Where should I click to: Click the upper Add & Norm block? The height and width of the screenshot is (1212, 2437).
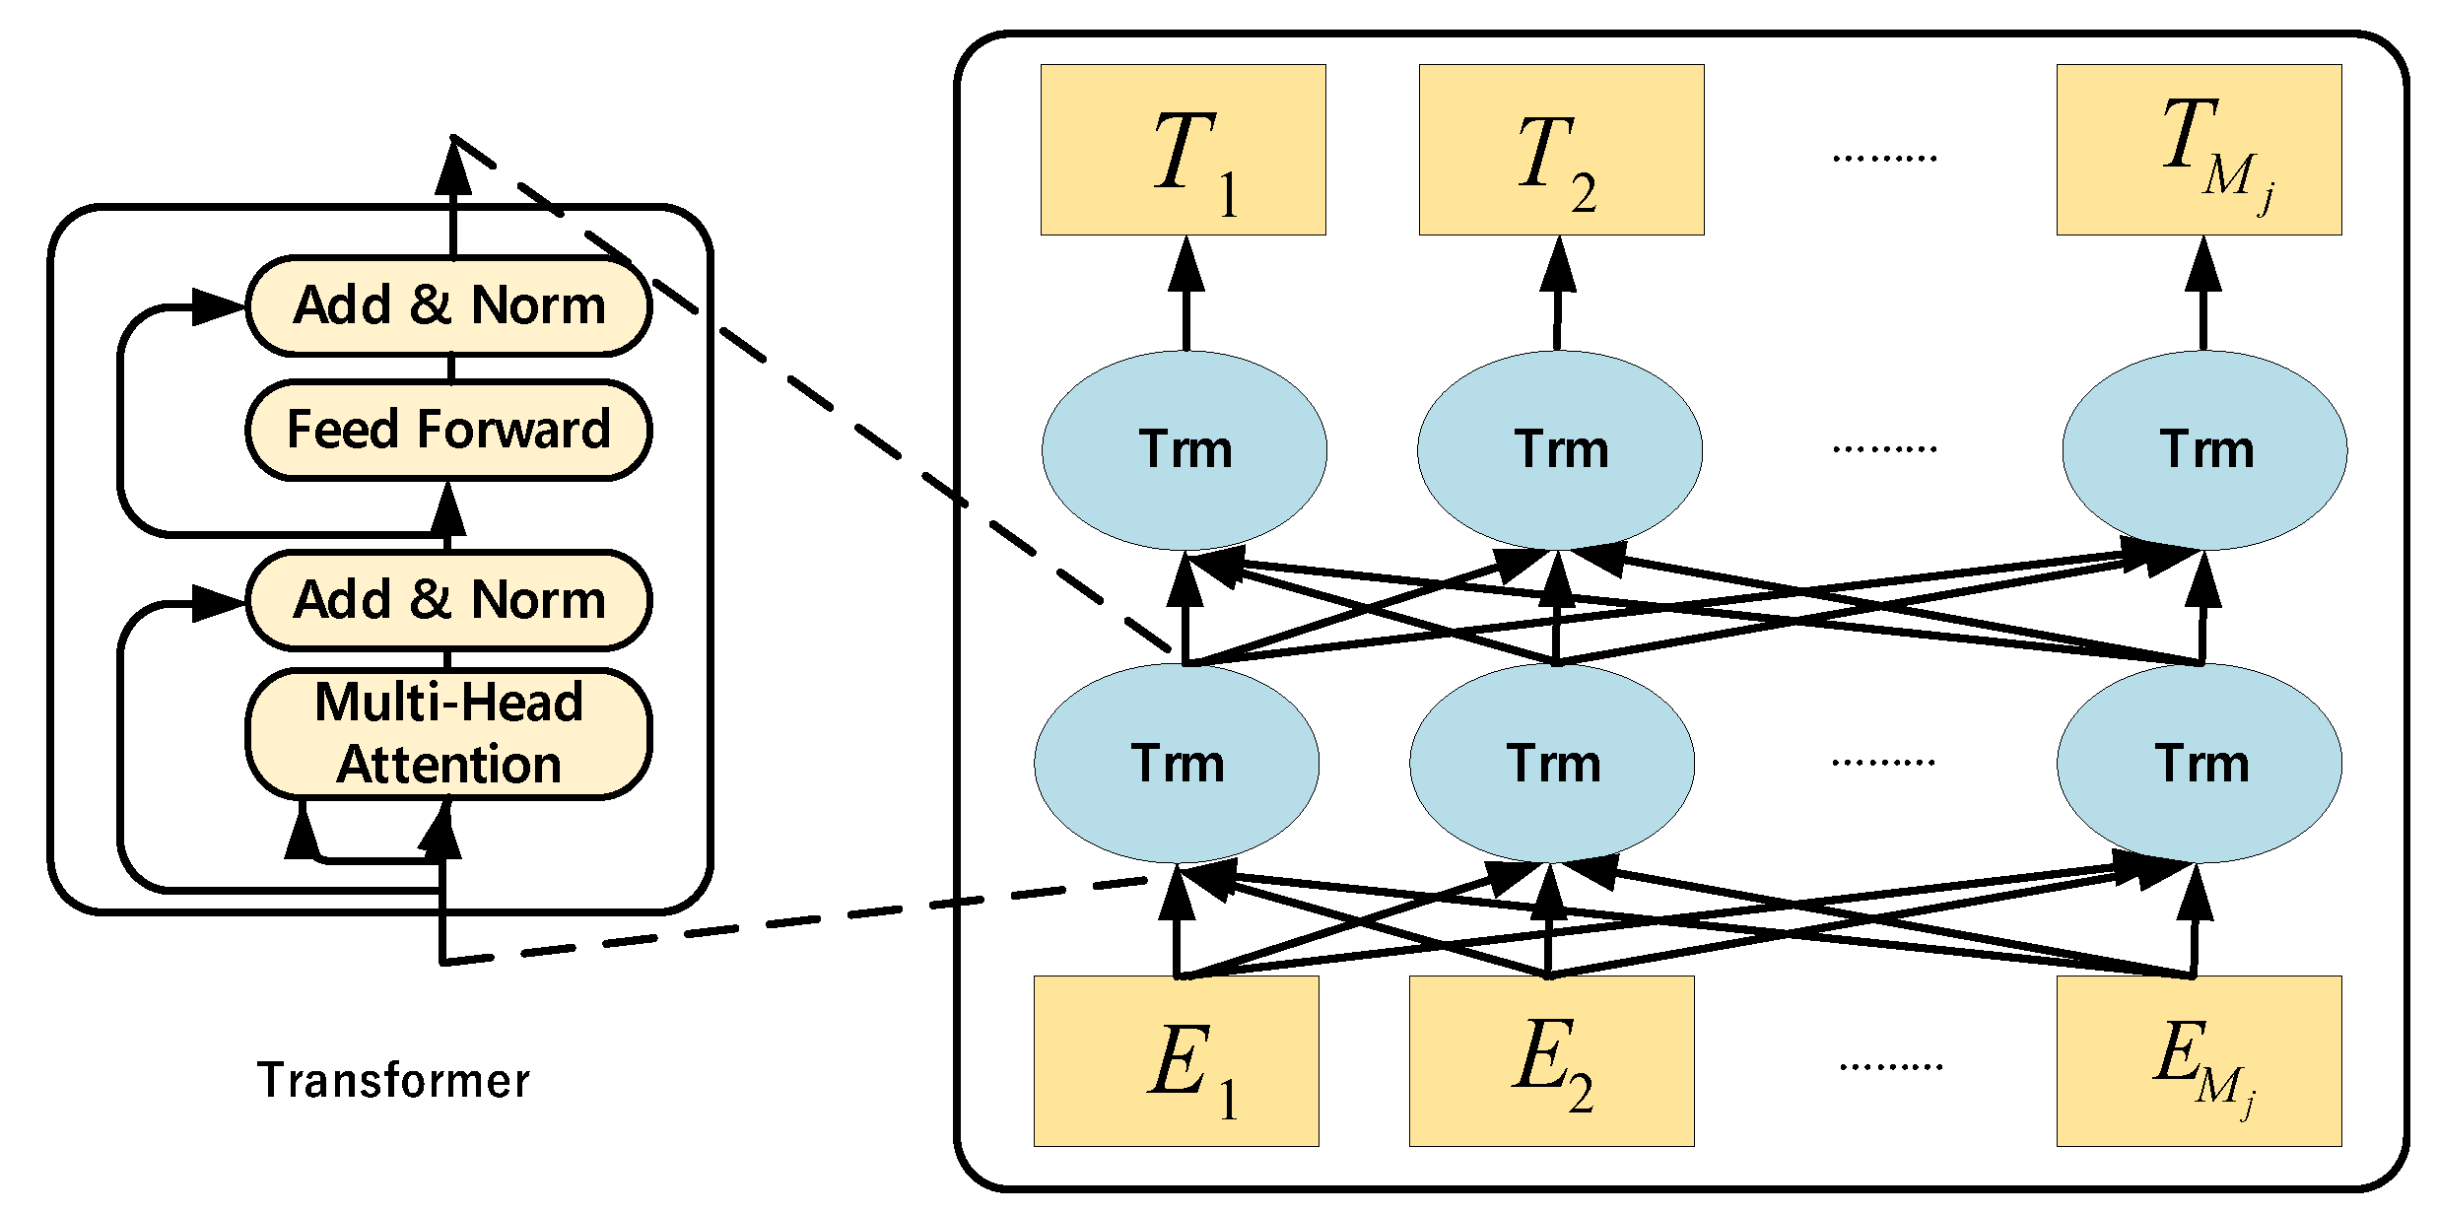point(448,305)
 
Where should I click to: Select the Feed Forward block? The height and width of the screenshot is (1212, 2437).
point(448,430)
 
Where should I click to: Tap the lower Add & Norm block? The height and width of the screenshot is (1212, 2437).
point(448,600)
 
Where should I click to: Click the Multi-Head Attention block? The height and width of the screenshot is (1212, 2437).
point(448,734)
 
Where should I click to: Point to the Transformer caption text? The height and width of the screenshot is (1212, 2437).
point(393,1081)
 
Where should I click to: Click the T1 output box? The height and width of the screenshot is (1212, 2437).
point(1184,150)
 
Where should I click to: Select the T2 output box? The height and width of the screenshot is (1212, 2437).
point(1561,150)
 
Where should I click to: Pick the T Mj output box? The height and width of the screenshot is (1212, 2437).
point(2199,150)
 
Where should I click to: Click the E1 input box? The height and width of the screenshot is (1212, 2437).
point(1176,1061)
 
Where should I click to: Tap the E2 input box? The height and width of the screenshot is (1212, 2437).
point(1551,1061)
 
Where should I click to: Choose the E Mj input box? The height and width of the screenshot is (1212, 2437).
point(2199,1061)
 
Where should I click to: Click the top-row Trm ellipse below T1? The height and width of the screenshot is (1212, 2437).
point(1184,450)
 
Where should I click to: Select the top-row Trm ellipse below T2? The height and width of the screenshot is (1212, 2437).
point(1559,450)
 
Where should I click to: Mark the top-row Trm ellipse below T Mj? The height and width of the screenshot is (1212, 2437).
point(2204,450)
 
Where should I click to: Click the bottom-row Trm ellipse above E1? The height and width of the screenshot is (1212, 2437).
point(1177,764)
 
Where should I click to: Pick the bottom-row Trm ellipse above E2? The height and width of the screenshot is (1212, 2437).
point(1552,764)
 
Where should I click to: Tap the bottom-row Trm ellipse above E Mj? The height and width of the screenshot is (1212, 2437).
point(2199,764)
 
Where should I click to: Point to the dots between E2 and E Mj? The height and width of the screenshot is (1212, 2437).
point(1890,1066)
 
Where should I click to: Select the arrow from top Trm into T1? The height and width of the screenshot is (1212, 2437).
point(1185,296)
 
